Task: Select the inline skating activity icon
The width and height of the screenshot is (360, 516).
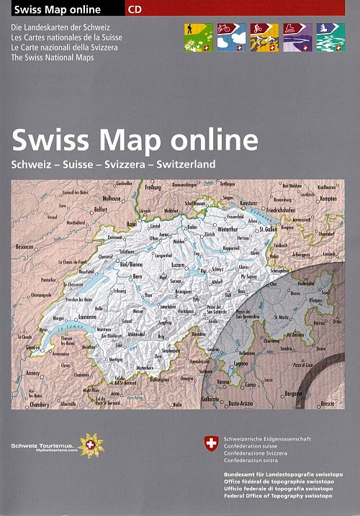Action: [297, 37]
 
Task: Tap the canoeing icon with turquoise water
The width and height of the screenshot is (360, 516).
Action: [330, 37]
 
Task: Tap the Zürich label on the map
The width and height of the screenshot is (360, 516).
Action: [210, 235]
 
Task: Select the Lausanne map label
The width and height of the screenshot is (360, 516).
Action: [86, 316]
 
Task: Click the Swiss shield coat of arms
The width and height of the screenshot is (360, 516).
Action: [211, 444]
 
